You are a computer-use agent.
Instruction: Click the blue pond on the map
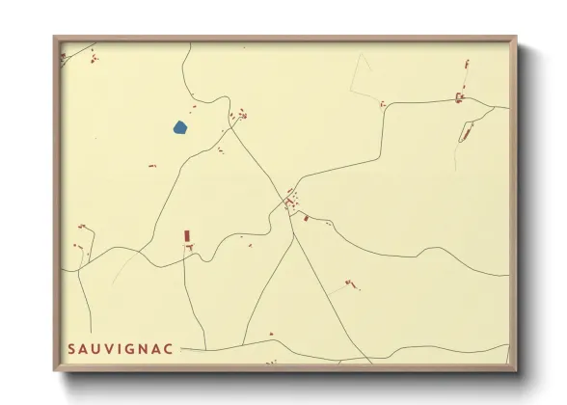coord(180,126)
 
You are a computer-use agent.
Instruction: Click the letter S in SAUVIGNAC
coord(72,349)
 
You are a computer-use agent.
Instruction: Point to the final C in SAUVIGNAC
coord(169,349)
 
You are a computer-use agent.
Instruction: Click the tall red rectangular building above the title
coord(187,235)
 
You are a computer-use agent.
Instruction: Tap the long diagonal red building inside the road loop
coord(466,132)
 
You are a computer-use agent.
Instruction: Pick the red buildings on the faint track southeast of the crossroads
coord(349,283)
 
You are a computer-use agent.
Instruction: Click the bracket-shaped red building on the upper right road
coord(459,96)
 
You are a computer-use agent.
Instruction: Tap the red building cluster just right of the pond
coord(238,115)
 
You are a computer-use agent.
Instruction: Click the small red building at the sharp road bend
coord(383,103)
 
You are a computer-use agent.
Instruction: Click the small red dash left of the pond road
coord(152,166)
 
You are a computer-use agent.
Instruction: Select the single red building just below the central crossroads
coord(306,218)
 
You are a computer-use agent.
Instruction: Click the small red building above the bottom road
coord(271,334)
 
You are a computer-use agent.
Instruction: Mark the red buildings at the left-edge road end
coord(82,227)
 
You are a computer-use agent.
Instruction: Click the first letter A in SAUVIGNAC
coord(84,349)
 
